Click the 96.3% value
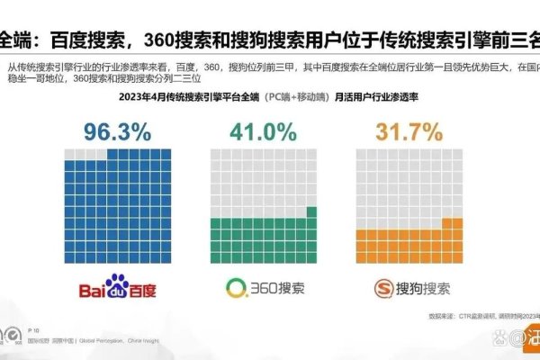pyautogui.click(x=116, y=132)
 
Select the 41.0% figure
pyautogui.click(x=261, y=132)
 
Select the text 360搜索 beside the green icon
pyautogui.click(x=275, y=289)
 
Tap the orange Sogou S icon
pyautogui.click(x=382, y=289)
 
